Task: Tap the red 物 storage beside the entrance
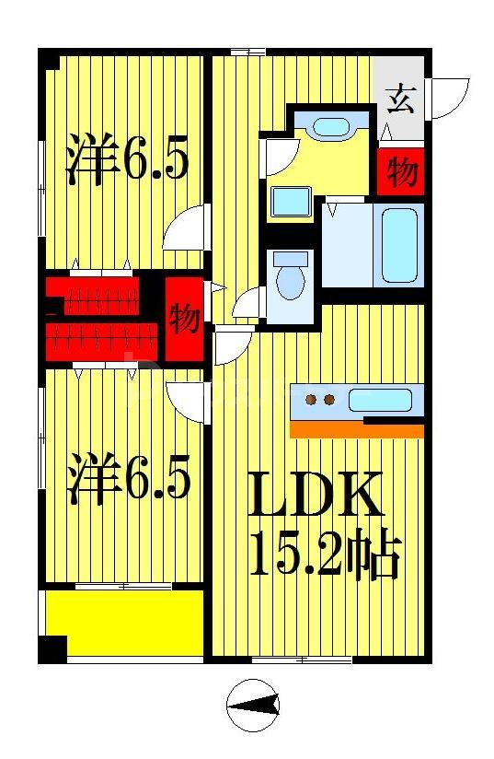(x=401, y=172)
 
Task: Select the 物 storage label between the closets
(x=185, y=320)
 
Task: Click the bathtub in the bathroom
(x=401, y=244)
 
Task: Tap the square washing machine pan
(x=291, y=201)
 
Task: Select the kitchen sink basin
(x=379, y=401)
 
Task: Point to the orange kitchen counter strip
(x=356, y=430)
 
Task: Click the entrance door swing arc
(x=450, y=99)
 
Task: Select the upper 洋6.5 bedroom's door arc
(x=187, y=230)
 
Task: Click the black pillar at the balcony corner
(x=52, y=648)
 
